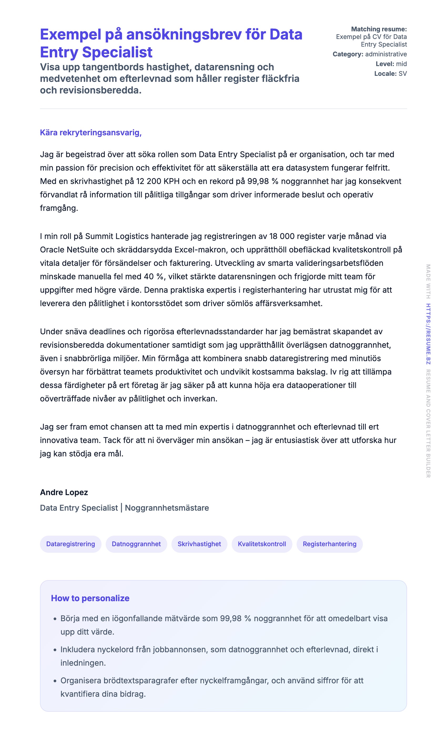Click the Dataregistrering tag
(70, 544)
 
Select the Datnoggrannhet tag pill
(136, 544)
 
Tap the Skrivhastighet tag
(199, 544)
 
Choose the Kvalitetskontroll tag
(262, 544)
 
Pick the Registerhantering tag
(329, 544)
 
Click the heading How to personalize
(90, 598)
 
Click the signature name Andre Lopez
(64, 492)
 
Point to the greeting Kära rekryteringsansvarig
(90, 132)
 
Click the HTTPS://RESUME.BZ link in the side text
(428, 333)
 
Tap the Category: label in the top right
(348, 54)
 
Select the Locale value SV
(403, 74)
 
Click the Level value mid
(401, 64)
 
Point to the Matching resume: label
(379, 29)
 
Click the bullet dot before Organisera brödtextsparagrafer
(55, 681)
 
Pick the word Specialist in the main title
(117, 52)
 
